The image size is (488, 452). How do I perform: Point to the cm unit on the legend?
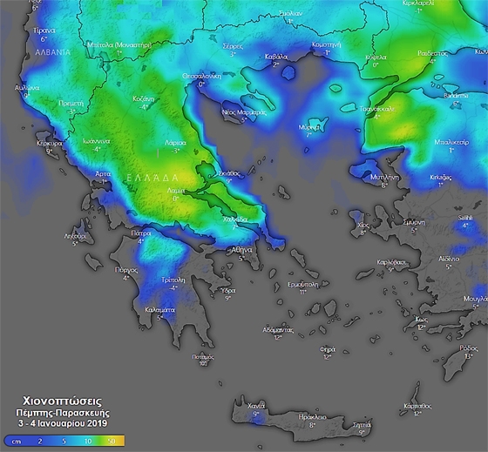16,442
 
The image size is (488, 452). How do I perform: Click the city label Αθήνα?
241,249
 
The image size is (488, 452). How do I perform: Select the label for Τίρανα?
44,30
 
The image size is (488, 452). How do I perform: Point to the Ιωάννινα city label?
90,141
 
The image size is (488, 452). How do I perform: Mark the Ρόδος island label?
470,347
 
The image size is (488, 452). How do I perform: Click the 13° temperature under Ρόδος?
470,355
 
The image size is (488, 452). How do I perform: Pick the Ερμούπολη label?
302,283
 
